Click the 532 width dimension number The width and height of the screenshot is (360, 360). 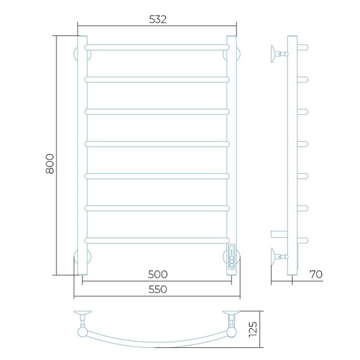click(157, 19)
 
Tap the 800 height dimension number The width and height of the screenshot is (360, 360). click(50, 164)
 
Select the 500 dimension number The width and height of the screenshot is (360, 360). click(158, 274)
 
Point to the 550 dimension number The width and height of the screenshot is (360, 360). click(158, 289)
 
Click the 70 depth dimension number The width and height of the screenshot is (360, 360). click(316, 274)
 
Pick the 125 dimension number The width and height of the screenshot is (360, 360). click(253, 329)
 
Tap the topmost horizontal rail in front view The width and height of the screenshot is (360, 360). click(157, 47)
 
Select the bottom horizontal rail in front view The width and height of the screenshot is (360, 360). click(157, 240)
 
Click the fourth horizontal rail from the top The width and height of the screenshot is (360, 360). click(157, 144)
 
